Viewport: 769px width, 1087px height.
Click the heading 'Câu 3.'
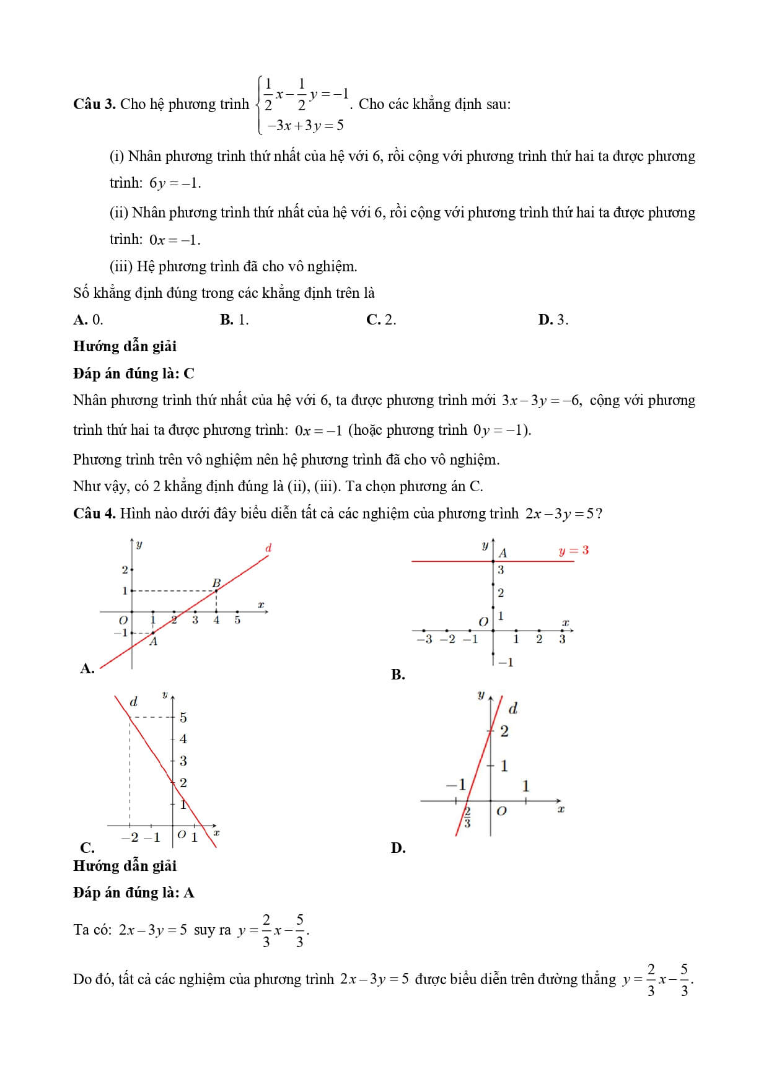[94, 104]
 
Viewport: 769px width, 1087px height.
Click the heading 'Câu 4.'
[94, 513]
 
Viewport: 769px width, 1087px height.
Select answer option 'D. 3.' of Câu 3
[553, 320]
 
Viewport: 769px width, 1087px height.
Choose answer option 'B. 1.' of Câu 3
[234, 320]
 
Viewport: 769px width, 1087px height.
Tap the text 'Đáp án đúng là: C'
[133, 373]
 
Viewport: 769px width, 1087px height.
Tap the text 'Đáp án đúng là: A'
[133, 893]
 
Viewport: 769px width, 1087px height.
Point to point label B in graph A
[216, 583]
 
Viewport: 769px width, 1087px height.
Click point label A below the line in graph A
[153, 642]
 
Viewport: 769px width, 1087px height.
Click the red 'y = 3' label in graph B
[573, 550]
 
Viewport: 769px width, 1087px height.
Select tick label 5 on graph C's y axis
[183, 718]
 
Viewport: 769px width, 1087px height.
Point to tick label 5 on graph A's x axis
[237, 620]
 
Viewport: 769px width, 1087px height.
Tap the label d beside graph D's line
[512, 708]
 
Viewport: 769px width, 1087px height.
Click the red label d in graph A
[268, 548]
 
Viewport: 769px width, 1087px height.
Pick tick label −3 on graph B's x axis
[424, 639]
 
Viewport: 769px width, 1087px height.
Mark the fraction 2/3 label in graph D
[467, 817]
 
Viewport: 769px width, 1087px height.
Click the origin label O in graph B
[483, 621]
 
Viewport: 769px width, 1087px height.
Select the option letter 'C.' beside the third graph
[87, 847]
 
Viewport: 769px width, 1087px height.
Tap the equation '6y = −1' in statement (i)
[175, 183]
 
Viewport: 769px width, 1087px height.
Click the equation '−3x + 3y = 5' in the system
[305, 126]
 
